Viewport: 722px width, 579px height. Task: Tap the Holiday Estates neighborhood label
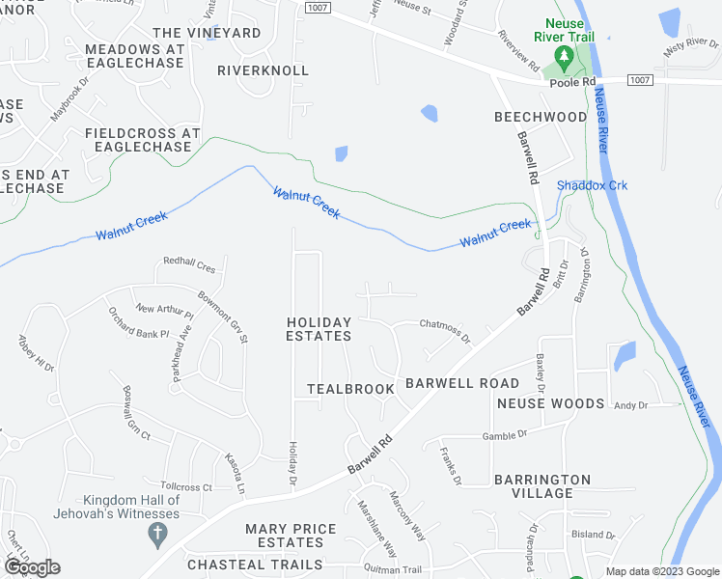pos(319,329)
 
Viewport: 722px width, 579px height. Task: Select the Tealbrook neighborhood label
pos(351,389)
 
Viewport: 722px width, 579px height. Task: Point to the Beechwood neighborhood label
pos(541,117)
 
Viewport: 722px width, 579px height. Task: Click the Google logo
pos(32,567)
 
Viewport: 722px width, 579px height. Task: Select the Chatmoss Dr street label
pos(444,330)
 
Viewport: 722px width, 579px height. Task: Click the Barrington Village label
pos(542,486)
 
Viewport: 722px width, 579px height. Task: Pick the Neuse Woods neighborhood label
pos(550,403)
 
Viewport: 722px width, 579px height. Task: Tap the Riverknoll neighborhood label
pos(264,70)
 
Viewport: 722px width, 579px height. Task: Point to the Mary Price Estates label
pos(291,536)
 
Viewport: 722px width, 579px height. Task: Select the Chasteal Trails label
pos(255,565)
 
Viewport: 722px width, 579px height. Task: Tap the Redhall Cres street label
pos(191,262)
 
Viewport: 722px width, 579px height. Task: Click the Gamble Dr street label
pos(508,435)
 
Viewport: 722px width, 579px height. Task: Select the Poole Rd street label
pos(572,83)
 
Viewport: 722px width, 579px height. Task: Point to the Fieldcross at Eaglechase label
pos(142,140)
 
